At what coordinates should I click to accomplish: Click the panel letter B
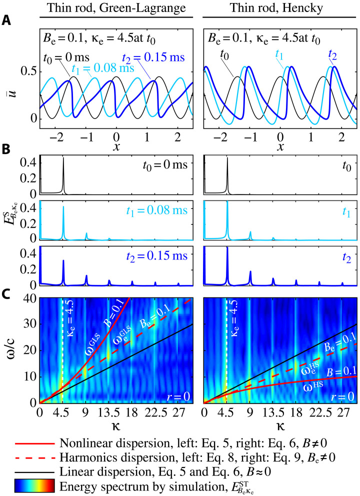coord(5,148)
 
